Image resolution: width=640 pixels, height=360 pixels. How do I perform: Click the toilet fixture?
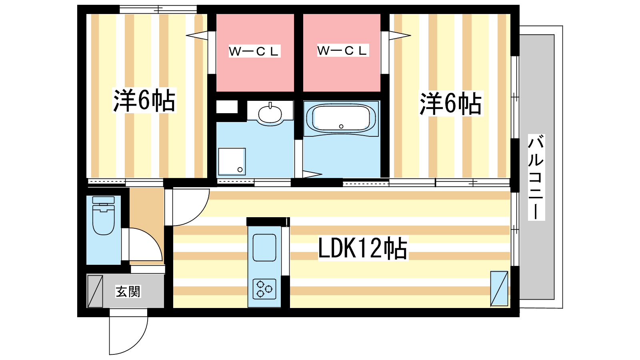104,215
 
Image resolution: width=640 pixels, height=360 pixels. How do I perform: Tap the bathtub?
341,118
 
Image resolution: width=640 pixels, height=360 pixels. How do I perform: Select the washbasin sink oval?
270,114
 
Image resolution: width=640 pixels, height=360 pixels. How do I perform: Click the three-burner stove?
264,289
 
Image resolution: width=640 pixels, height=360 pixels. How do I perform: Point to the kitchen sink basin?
264,248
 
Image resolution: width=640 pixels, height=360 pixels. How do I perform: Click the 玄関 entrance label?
128,292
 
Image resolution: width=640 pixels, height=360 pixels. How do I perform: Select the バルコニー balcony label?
536,177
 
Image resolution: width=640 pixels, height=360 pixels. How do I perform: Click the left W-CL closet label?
254,52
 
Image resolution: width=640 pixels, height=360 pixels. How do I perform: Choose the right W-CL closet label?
342,50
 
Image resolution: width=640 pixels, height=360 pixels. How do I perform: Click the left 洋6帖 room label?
144,100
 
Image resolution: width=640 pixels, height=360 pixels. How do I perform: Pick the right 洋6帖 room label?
451,104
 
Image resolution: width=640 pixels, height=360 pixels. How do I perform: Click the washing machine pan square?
232,162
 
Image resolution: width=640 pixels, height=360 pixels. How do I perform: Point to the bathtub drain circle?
341,126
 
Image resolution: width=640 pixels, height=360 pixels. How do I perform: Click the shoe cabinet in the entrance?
95,291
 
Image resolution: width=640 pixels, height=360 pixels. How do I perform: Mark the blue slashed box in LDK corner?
499,288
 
